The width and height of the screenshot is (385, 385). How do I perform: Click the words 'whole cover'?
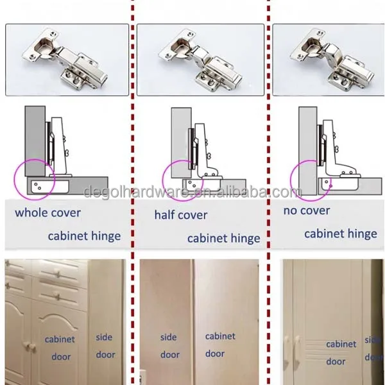[48, 212]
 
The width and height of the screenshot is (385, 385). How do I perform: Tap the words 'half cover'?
[181, 215]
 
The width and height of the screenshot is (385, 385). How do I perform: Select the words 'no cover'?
[307, 210]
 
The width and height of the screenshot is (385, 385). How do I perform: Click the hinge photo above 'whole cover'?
[67, 60]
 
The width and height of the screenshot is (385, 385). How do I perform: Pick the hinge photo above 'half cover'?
[200, 60]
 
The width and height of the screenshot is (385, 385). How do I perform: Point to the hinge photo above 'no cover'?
[329, 60]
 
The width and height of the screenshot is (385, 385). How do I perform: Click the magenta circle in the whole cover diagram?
[14, 179]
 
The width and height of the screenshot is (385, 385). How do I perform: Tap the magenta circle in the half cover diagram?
[162, 180]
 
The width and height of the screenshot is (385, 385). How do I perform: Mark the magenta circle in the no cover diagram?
[290, 180]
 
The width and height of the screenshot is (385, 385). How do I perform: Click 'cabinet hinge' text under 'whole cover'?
[85, 236]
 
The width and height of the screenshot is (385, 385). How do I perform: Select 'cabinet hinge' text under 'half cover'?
[224, 239]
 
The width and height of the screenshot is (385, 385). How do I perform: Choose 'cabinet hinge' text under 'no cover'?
[341, 234]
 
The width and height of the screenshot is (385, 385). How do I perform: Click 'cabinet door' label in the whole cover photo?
[60, 348]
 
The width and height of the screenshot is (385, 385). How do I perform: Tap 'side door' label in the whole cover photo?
[105, 346]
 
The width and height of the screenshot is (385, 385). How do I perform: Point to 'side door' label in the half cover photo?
[169, 346]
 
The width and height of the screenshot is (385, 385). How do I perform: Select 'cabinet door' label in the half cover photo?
[220, 345]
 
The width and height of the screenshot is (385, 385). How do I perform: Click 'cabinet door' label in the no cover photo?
[341, 352]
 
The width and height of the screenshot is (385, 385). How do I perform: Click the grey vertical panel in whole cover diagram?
[35, 141]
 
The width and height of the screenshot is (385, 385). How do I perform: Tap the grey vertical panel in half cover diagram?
[181, 142]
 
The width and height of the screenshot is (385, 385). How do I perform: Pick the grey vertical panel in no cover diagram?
[308, 151]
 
